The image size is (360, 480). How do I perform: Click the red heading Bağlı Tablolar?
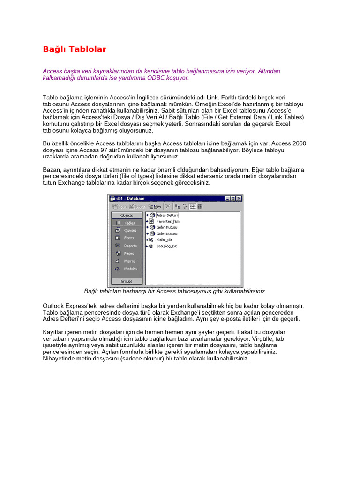75,49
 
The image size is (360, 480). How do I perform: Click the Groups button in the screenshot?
127,281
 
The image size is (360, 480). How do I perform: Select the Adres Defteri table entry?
164,215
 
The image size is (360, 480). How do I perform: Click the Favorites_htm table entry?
167,221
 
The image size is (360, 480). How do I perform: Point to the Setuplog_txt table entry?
166,246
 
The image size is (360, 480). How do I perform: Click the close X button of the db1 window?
239,198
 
